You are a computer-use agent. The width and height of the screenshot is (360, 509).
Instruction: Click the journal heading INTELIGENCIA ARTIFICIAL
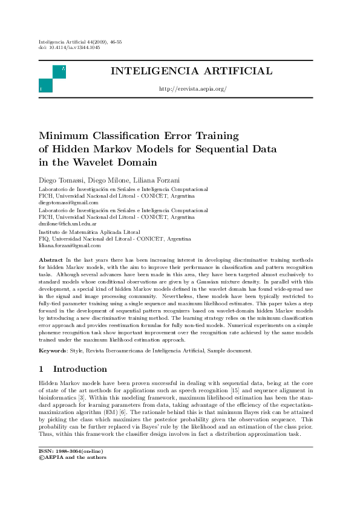[x=191, y=72]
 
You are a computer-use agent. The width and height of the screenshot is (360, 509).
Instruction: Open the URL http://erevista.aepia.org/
[x=191, y=89]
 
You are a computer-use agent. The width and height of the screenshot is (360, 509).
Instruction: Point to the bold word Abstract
[x=51, y=258]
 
